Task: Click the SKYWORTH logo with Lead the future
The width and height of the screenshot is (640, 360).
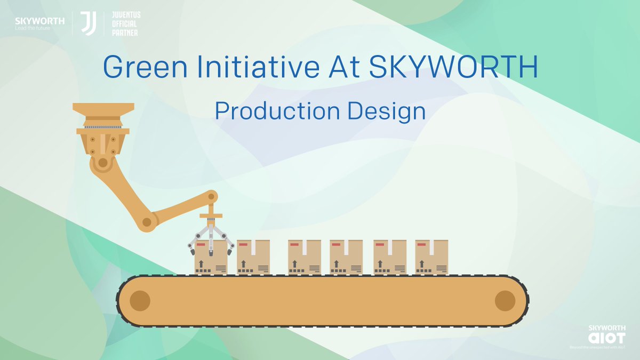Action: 39,23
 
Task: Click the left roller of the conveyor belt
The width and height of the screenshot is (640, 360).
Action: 140,301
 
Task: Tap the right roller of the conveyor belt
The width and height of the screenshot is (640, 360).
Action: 505,301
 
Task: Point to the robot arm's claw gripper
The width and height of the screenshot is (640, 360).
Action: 211,238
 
